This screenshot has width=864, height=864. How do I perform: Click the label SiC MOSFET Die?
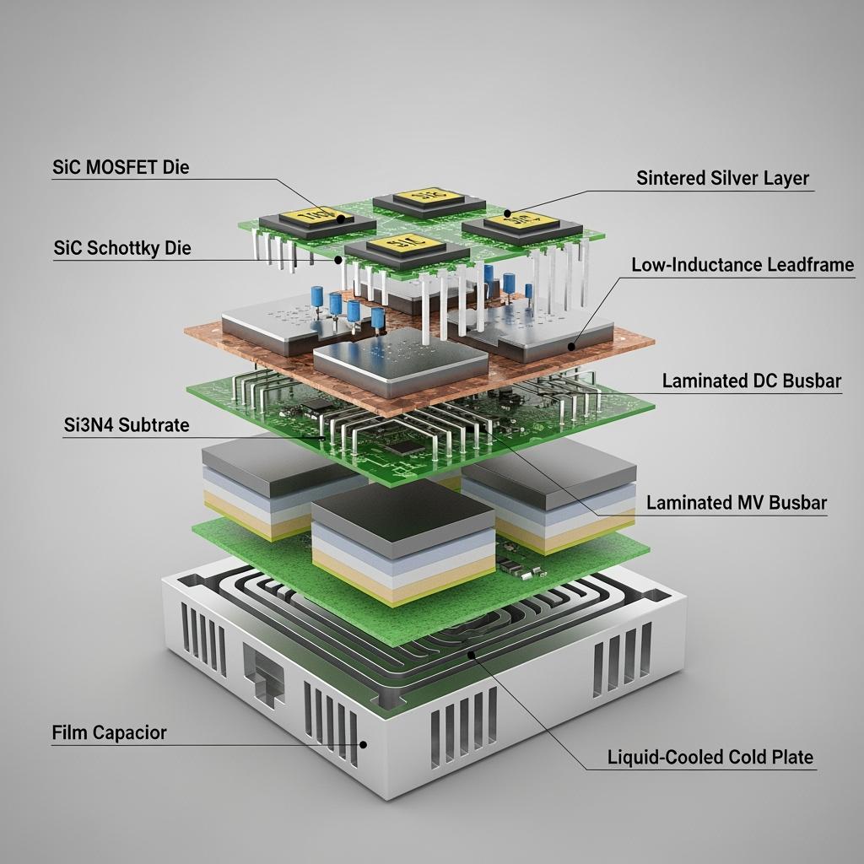tap(121, 167)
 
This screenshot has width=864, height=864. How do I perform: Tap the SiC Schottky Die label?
tap(122, 248)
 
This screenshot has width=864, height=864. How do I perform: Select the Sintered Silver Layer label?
tap(722, 178)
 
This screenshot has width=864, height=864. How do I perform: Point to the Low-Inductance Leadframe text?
tap(742, 265)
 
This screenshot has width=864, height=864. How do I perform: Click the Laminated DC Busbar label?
tap(751, 381)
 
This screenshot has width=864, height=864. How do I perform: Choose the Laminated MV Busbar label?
tap(736, 504)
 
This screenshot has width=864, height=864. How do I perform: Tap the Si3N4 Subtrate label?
tap(126, 425)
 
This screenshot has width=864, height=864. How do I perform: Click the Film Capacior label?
tap(109, 732)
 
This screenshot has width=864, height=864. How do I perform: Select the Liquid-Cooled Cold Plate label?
tap(710, 757)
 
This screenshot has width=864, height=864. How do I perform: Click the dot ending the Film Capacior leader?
tap(364, 744)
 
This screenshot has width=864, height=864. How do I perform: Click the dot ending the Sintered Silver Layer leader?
tap(508, 214)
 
